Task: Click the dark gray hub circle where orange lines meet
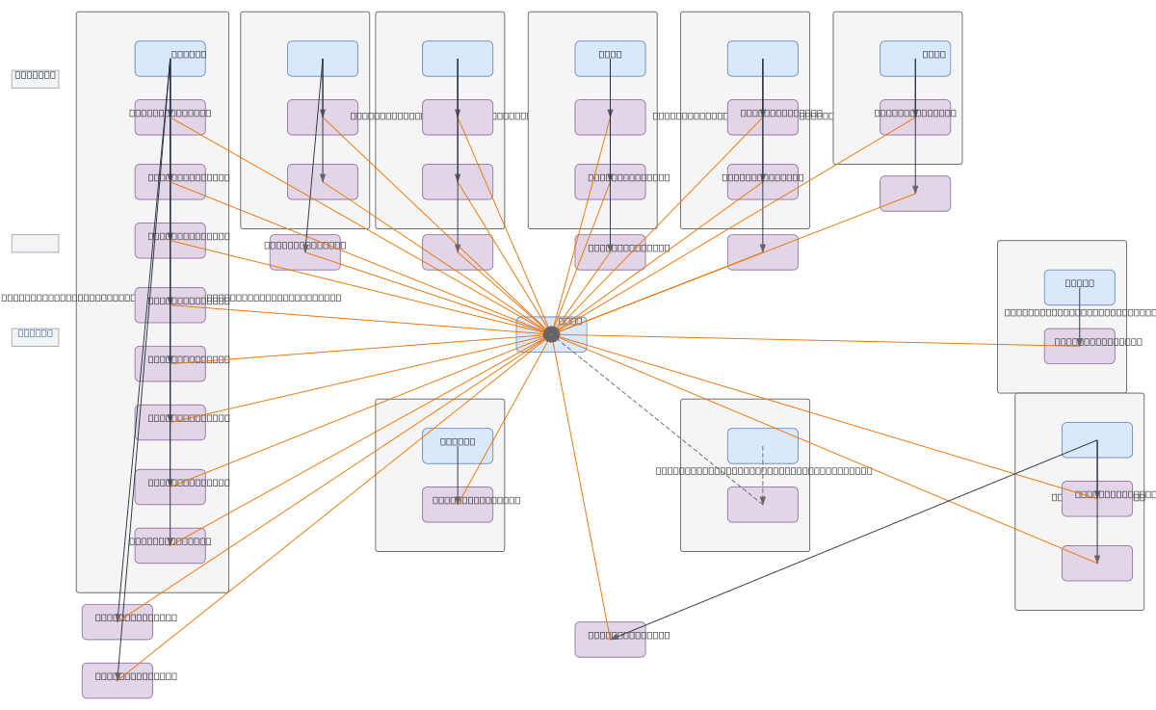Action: [551, 334]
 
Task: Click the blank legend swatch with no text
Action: [35, 244]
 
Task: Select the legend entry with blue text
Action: [35, 337]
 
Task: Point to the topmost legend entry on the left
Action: [35, 79]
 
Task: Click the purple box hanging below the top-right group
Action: [914, 194]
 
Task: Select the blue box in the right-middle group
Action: [1079, 287]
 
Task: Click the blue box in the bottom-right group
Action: [1096, 440]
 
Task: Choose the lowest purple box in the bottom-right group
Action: [1096, 564]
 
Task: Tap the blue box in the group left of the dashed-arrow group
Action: [457, 446]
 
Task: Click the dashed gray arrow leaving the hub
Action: [665, 424]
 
